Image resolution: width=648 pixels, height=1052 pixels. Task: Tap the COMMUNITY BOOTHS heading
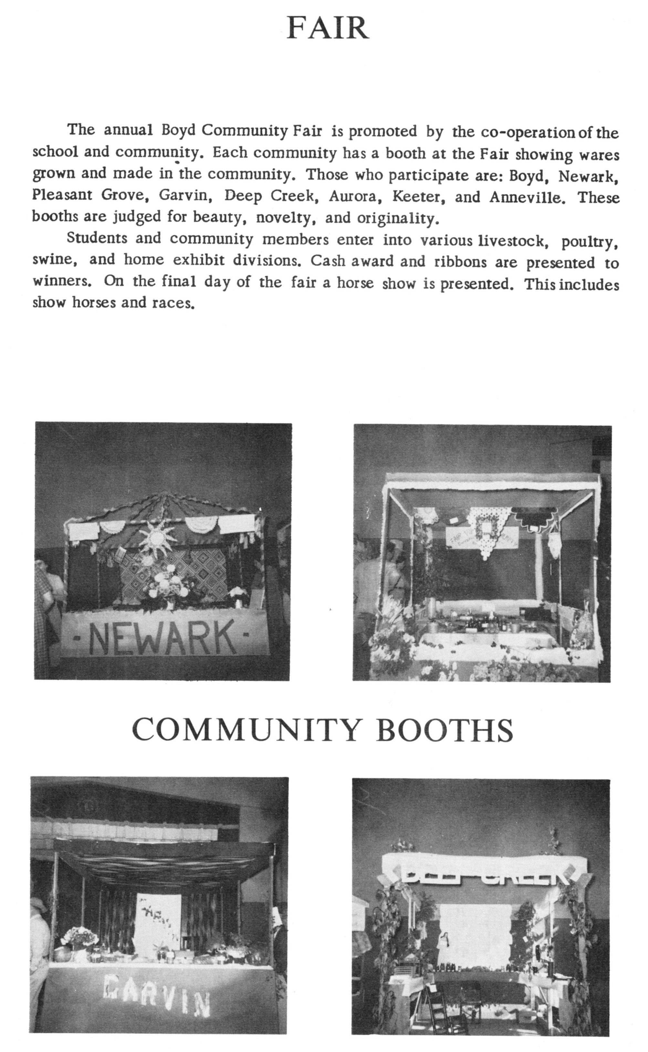click(322, 730)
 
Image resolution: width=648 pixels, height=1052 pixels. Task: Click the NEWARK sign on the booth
click(162, 637)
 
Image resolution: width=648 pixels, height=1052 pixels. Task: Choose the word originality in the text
click(396, 219)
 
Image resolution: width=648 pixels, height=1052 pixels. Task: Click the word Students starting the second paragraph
click(97, 238)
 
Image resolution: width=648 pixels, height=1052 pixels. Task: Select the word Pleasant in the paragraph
click(62, 195)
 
